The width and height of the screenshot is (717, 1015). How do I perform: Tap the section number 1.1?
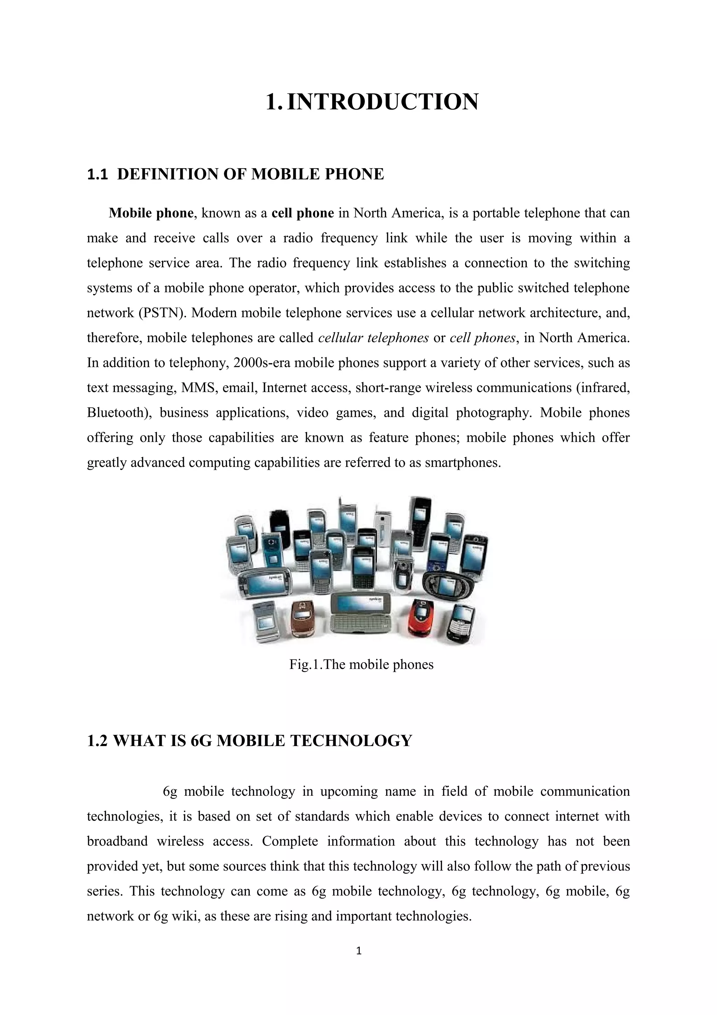[x=97, y=175]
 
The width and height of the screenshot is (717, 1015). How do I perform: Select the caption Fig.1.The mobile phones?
[x=361, y=664]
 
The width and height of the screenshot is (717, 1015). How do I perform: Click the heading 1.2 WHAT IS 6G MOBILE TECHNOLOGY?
[x=249, y=741]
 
